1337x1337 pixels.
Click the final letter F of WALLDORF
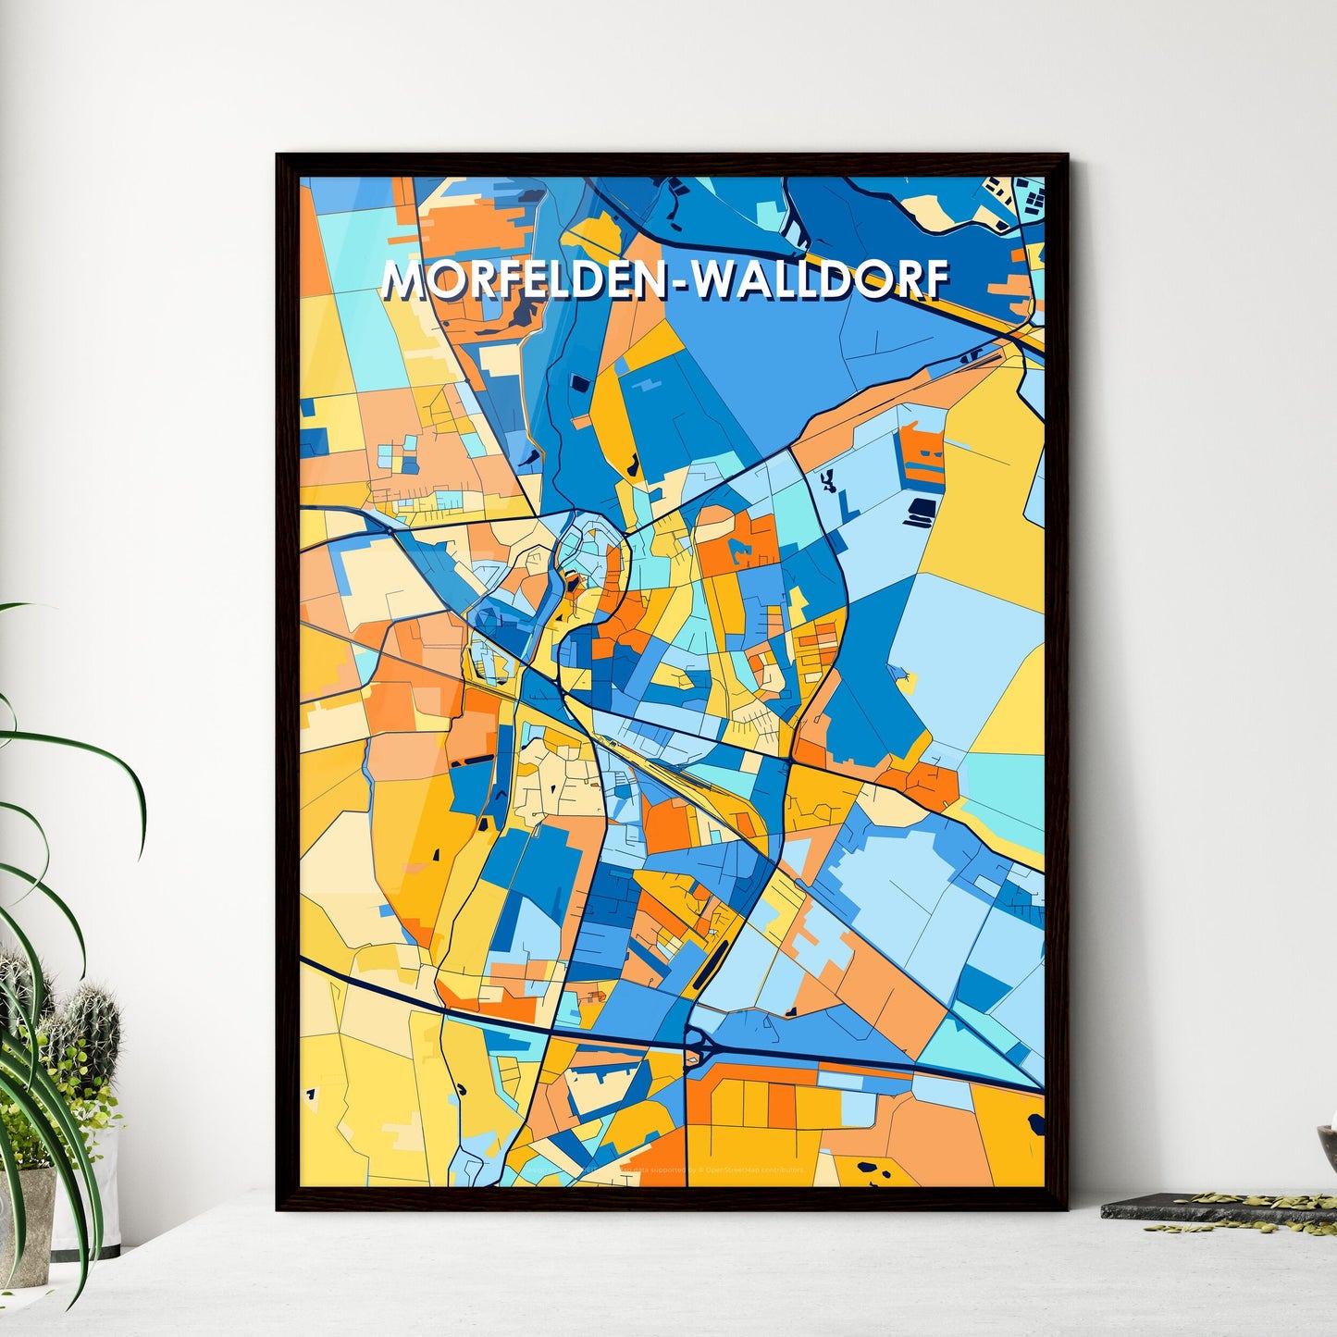[x=935, y=279]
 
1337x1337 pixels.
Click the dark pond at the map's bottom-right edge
[x=1035, y=1125]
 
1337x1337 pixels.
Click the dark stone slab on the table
[x=1203, y=1207]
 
